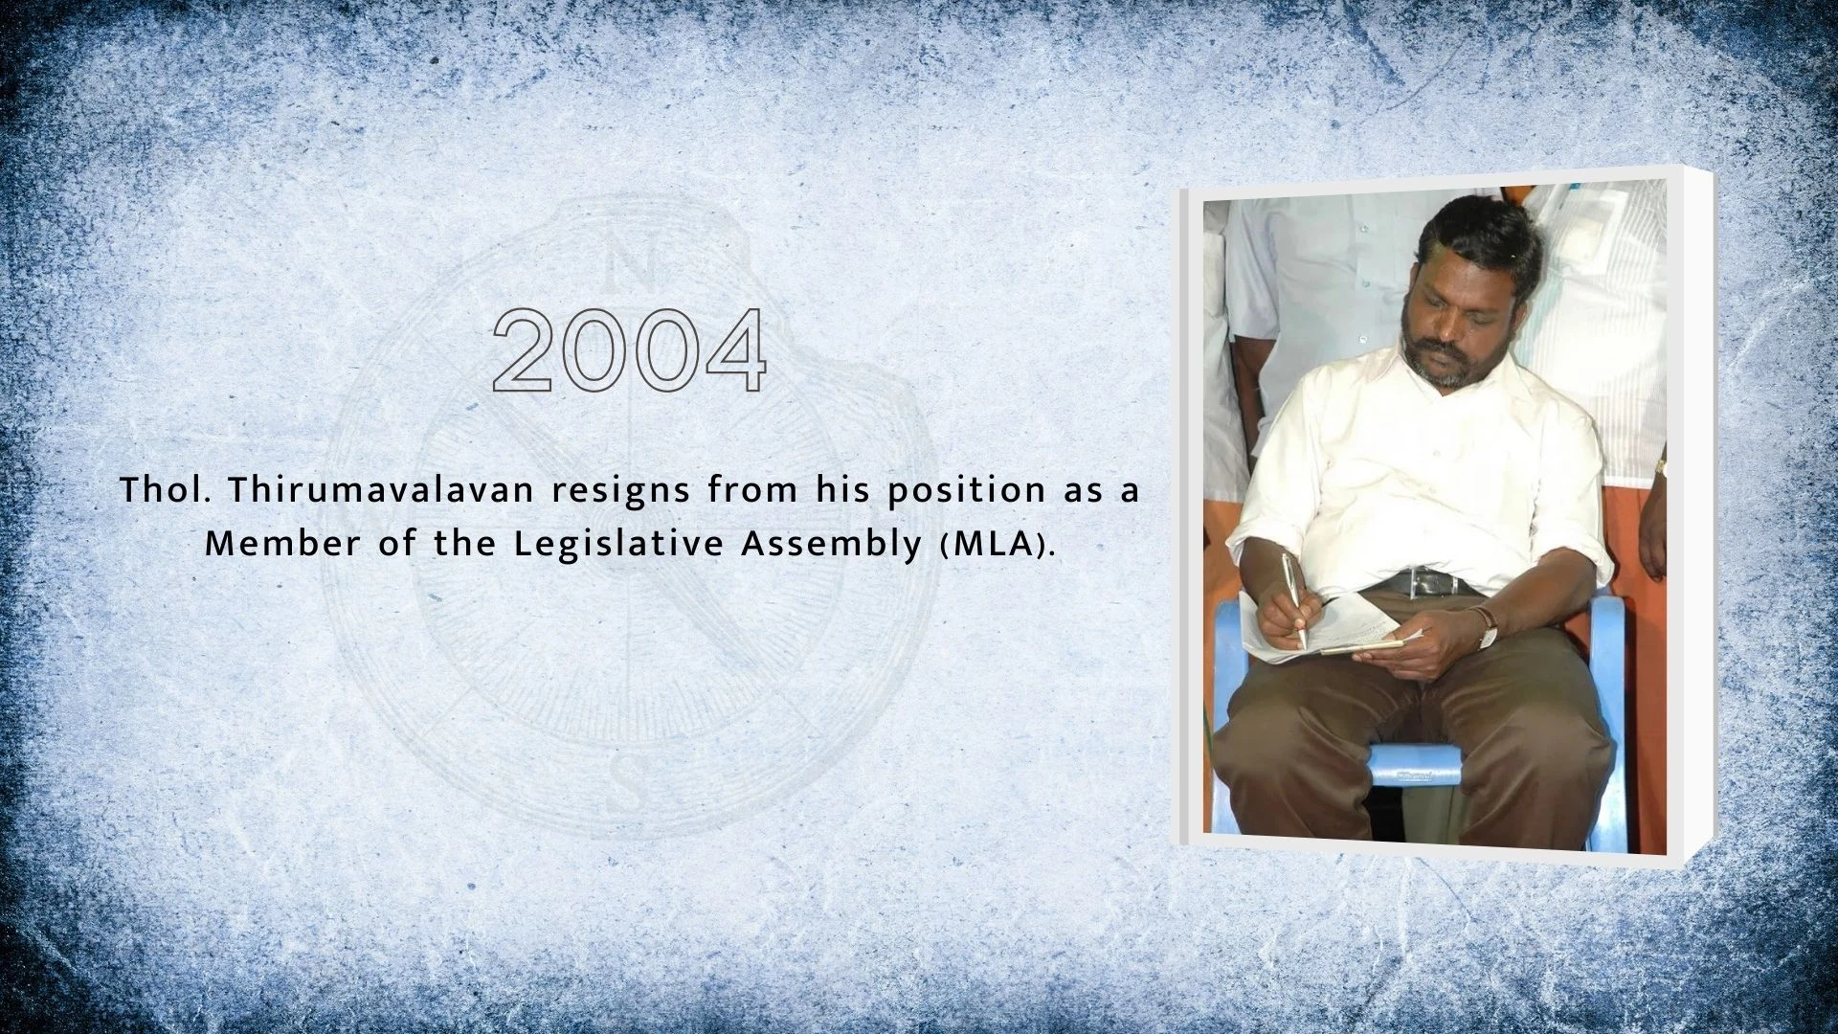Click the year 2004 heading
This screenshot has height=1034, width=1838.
pyautogui.click(x=629, y=350)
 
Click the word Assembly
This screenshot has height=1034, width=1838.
pyautogui.click(x=831, y=545)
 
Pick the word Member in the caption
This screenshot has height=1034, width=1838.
pyautogui.click(x=283, y=544)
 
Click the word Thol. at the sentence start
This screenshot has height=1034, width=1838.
pyautogui.click(x=165, y=490)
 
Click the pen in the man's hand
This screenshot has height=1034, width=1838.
pyautogui.click(x=1294, y=599)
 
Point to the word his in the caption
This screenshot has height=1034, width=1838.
pyautogui.click(x=842, y=490)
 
